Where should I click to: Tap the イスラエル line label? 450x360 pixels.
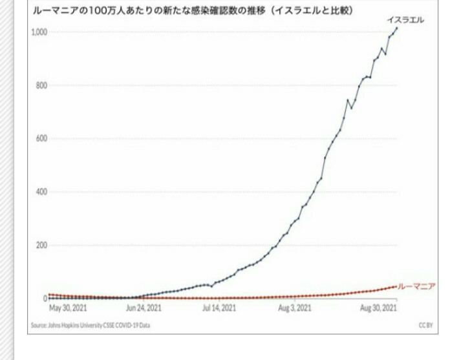[405, 21]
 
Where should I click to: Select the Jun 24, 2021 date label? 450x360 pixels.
[144, 308]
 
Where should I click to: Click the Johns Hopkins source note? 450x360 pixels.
[91, 325]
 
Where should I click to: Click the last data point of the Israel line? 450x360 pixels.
[396, 28]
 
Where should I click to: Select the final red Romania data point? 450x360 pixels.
[396, 286]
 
